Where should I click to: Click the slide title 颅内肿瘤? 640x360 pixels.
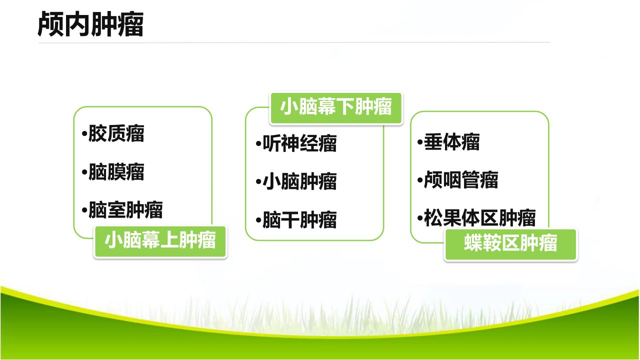(x=90, y=24)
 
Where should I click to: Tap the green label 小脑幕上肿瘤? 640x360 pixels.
(x=160, y=241)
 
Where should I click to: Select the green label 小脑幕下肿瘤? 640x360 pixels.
(x=336, y=108)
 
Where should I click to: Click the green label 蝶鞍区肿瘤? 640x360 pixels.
(x=510, y=244)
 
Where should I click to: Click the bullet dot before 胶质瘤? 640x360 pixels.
(x=84, y=133)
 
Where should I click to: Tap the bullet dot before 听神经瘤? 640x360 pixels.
(x=258, y=143)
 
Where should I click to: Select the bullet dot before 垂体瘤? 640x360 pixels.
(x=420, y=142)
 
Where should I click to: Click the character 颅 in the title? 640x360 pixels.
(x=50, y=24)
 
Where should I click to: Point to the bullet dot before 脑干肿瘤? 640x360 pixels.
(x=258, y=220)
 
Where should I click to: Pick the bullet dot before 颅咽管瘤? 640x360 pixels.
(x=420, y=180)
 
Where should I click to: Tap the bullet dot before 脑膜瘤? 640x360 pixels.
(x=84, y=172)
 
